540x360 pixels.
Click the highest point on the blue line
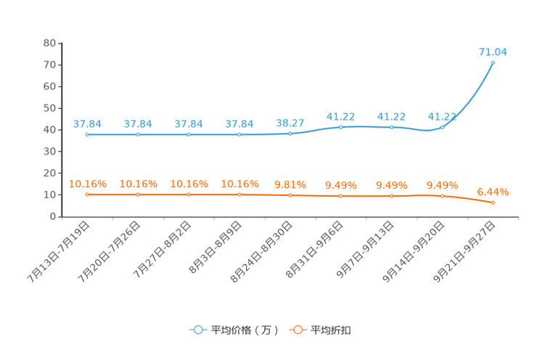(493, 62)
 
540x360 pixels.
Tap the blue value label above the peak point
(493, 52)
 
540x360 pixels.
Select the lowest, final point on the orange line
(494, 202)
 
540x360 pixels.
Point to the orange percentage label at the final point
(494, 192)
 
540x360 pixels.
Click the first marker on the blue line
(87, 134)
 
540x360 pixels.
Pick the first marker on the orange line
(87, 195)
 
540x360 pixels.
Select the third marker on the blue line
(189, 134)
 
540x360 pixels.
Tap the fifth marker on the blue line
(290, 133)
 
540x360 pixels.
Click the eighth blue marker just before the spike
(442, 127)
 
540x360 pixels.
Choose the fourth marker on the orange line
(240, 195)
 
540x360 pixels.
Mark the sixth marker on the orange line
(341, 196)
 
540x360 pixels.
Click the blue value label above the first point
(87, 123)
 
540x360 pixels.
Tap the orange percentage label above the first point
(87, 184)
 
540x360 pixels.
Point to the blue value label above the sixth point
(341, 116)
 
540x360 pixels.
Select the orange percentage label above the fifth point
(290, 185)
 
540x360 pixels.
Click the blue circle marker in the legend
(197, 330)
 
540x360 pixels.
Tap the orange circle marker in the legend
(297, 330)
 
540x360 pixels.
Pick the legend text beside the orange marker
(332, 330)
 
